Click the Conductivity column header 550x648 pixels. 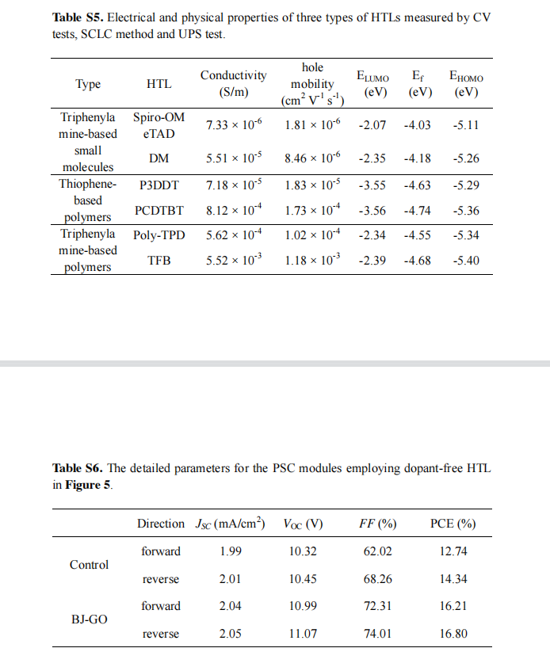pos(234,83)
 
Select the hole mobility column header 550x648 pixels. pos(312,84)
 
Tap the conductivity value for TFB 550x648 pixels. pos(234,260)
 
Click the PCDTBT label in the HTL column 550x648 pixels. pos(159,211)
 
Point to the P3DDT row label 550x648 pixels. pos(159,185)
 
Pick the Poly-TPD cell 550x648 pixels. pos(159,235)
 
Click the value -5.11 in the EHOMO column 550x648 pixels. pos(466,125)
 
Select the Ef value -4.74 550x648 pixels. pos(418,211)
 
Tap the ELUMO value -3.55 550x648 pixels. pos(372,185)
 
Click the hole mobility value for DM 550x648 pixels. pos(312,158)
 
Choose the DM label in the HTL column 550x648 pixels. pos(159,158)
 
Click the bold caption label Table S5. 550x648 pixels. pos(78,17)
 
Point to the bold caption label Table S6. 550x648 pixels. pos(78,468)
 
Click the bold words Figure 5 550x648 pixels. pos(88,485)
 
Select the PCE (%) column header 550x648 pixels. pos(453,524)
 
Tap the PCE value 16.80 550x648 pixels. pos(453,634)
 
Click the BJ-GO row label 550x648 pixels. pos(90,619)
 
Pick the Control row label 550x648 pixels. pos(89,565)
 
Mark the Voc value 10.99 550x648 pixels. pos(303,606)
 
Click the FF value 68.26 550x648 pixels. pos(377,578)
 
